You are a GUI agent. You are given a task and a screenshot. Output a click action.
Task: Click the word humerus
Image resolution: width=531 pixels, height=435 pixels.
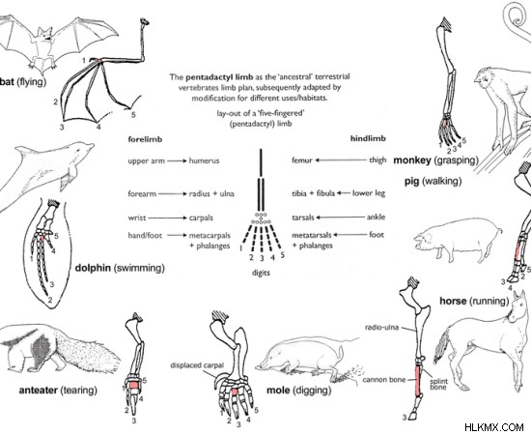[x=204, y=160]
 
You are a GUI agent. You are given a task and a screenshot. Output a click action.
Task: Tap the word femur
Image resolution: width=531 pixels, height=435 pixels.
[x=302, y=160]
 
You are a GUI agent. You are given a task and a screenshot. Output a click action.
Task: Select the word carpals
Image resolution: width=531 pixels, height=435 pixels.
[x=201, y=217]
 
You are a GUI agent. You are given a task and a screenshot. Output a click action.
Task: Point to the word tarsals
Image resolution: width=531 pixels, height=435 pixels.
[x=303, y=217]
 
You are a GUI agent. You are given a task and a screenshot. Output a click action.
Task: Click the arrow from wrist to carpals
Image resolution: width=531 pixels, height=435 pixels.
[x=167, y=217]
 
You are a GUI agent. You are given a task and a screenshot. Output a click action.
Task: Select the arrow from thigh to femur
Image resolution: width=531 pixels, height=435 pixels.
[x=341, y=160]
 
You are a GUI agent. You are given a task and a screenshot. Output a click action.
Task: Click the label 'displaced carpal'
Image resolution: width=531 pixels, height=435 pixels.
[x=197, y=365]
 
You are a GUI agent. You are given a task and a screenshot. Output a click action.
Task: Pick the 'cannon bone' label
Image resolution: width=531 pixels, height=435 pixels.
[x=384, y=380]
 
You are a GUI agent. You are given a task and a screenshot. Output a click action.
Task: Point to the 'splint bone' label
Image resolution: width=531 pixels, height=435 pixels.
[x=438, y=384]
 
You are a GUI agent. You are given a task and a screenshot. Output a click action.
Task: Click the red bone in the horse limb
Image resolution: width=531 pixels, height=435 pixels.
[x=419, y=380]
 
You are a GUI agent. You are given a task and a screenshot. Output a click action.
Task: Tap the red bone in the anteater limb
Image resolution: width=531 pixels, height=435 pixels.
[x=134, y=386]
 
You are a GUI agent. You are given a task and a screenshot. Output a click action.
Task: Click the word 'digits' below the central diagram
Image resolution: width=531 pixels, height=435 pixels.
[x=261, y=273]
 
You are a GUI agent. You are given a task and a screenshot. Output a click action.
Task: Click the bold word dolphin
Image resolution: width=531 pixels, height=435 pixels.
[x=93, y=268]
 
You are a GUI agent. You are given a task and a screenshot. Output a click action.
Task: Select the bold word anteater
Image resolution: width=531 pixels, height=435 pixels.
[x=39, y=391]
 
